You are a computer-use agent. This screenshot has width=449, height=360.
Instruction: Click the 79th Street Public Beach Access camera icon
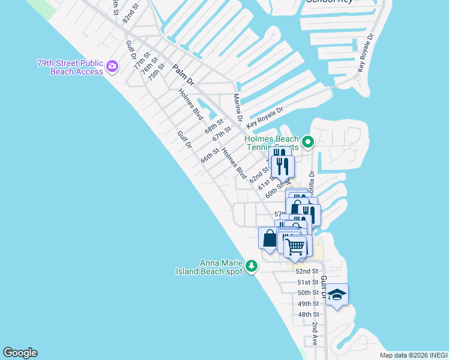(112, 67)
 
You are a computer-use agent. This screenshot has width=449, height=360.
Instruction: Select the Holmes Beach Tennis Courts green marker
(308, 142)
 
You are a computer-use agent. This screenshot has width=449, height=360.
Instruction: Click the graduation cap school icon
(337, 294)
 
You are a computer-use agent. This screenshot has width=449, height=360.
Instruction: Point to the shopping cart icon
(295, 246)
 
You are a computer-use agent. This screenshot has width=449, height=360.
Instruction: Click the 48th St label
(308, 314)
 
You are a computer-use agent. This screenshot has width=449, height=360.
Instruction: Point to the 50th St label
(308, 293)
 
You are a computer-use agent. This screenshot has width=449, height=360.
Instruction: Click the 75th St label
(156, 72)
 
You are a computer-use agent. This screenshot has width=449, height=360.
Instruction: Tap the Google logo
(20, 353)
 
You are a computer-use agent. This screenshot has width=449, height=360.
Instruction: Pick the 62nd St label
(259, 175)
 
